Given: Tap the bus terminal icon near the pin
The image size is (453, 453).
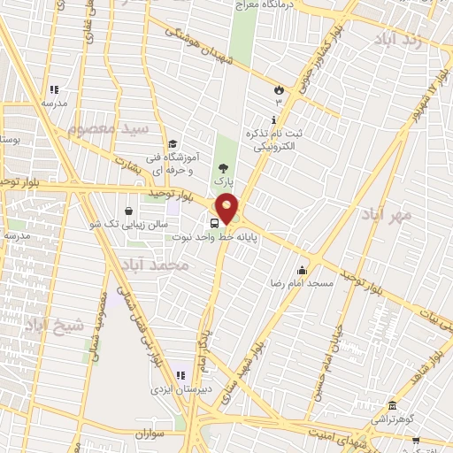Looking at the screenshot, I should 216,222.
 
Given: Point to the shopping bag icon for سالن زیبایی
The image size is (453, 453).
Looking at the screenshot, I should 130,211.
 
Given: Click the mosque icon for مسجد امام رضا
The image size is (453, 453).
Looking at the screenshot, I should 303,270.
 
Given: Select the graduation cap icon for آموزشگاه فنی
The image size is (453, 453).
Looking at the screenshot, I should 173,143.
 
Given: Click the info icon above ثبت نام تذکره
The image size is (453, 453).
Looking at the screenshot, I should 273,119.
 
